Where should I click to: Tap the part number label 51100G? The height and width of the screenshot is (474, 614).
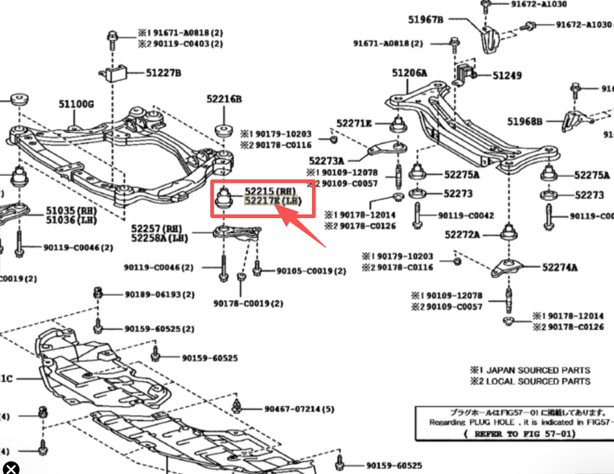coord(76,104)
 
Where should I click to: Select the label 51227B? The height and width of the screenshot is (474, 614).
coord(164,73)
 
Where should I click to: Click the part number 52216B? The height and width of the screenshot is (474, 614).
coord(224,99)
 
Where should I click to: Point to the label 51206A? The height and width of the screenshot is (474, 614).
coord(409,73)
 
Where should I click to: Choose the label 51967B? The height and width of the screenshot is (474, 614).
coord(425,19)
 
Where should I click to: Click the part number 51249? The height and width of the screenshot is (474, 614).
coord(507,76)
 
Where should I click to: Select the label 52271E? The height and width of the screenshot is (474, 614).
coord(354,123)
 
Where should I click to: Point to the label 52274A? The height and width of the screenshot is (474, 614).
coord(559,268)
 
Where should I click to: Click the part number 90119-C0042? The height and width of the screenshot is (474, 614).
coord(466,216)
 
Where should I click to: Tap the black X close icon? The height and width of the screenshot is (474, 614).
coord(11,468)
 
